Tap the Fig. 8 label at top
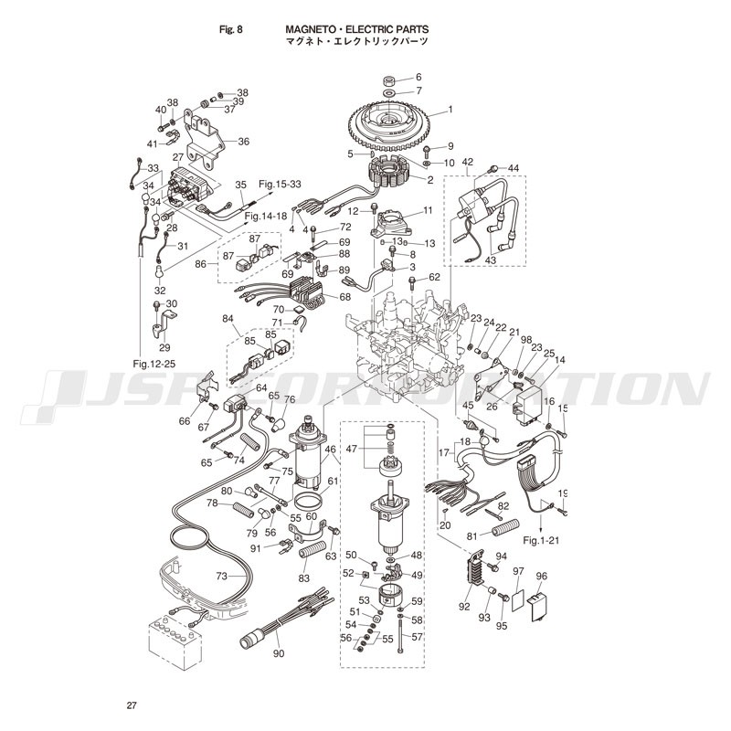coord(231,29)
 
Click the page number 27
coord(132,705)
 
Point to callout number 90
coord(279,653)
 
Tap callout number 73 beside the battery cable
coord(221,576)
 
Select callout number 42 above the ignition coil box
coord(468,162)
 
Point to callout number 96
coord(541,577)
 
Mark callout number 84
coord(228,319)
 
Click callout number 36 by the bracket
coord(243,142)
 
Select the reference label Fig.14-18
coord(267,216)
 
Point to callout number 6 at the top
coord(418,77)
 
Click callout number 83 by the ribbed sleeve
coord(303,577)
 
